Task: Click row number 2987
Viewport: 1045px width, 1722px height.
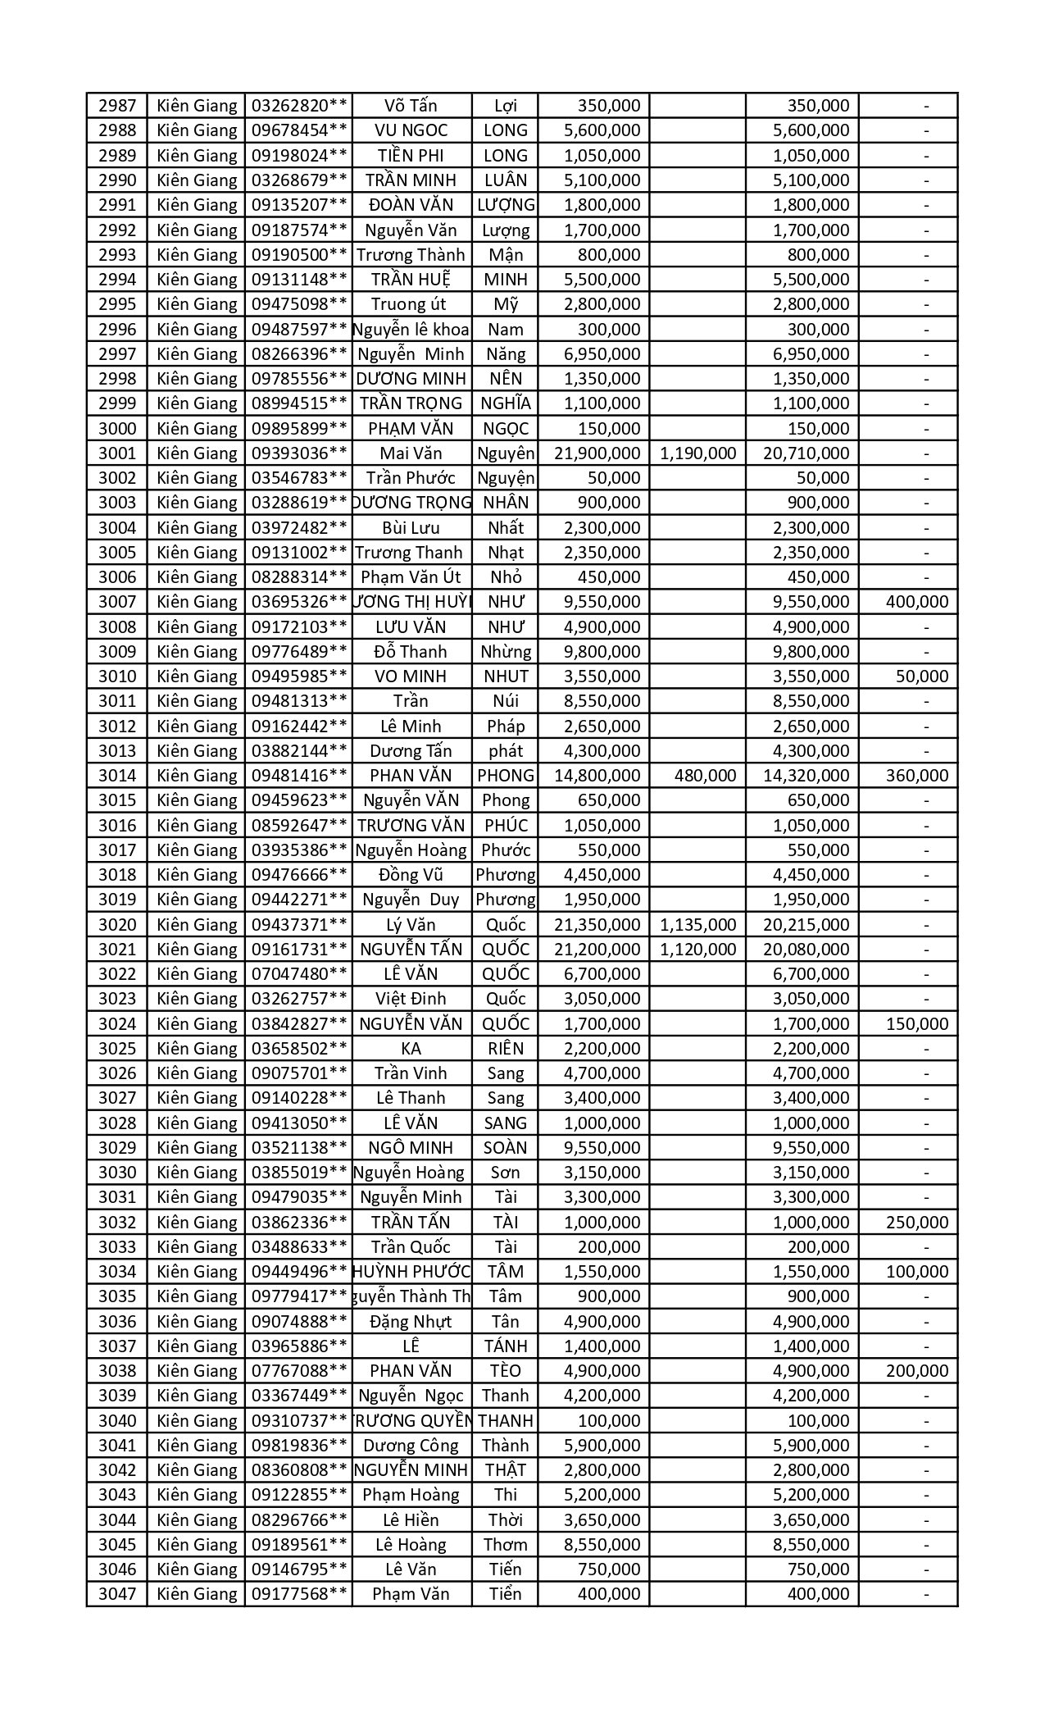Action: [x=117, y=106]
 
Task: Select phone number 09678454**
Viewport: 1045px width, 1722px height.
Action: [x=299, y=130]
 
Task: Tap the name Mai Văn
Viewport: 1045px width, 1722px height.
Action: [x=411, y=453]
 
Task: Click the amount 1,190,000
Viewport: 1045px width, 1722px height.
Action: [x=697, y=453]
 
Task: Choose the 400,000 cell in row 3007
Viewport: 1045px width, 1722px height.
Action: [x=916, y=602]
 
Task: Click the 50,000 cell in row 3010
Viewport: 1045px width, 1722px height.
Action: [x=922, y=676]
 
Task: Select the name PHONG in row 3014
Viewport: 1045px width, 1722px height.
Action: [x=506, y=776]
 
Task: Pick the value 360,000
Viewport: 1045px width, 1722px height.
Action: [x=916, y=776]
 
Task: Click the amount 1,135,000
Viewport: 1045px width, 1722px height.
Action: [x=697, y=925]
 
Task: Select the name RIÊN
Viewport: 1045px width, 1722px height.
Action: [x=506, y=1049]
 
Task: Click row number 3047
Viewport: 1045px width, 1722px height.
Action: [x=117, y=1595]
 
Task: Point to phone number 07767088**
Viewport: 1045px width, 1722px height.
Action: [x=299, y=1371]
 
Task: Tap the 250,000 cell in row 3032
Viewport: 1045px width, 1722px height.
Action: [x=916, y=1223]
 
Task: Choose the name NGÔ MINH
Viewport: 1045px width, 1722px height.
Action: [x=411, y=1148]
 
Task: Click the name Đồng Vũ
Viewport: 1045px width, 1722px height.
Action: [x=411, y=875]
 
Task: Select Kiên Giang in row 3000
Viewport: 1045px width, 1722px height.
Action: [x=197, y=429]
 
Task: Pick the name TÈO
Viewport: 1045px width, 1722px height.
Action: [x=506, y=1371]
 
